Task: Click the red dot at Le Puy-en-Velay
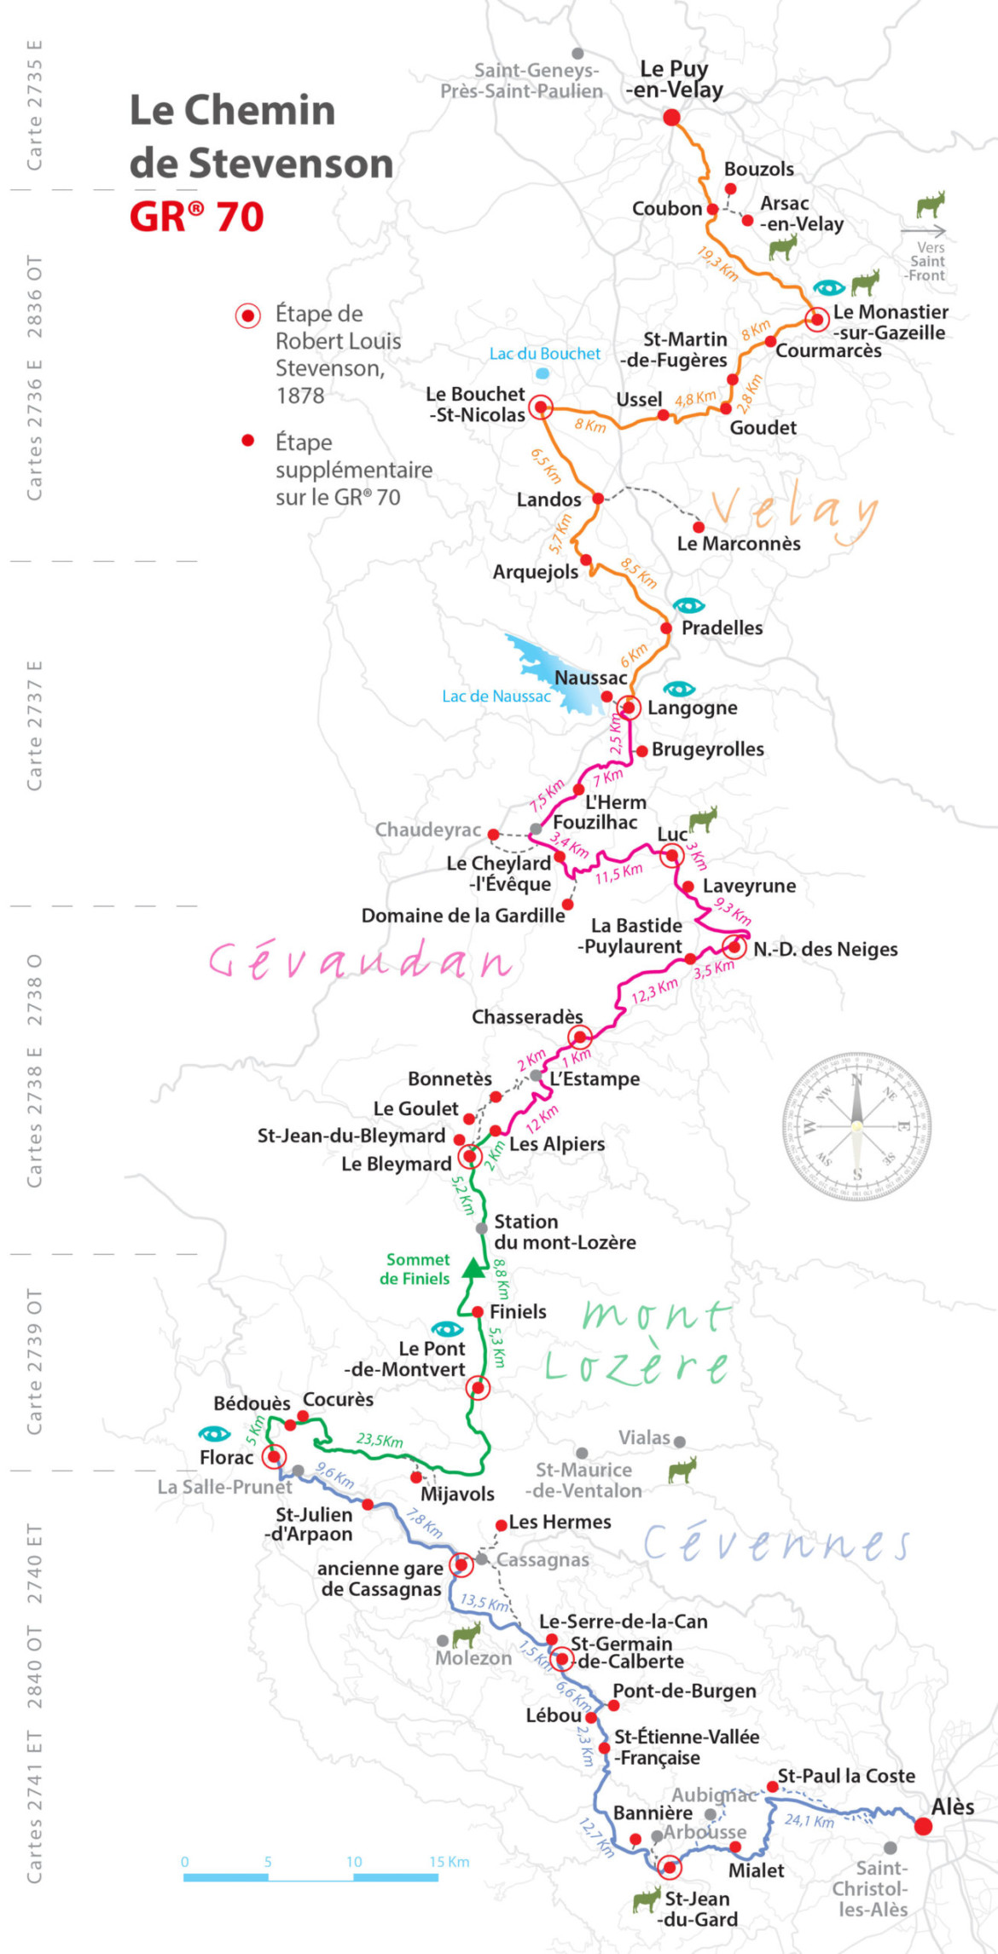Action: coord(671,118)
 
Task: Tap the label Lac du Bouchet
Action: coord(544,354)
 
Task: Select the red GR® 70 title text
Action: coord(197,217)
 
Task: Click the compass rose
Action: coord(856,1126)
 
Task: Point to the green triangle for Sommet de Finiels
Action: coord(472,1269)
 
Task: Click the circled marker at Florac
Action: coord(273,1456)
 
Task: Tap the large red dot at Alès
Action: coord(923,1826)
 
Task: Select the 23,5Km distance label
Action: coord(380,1440)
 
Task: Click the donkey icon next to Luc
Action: coord(703,819)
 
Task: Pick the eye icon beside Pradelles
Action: coord(688,605)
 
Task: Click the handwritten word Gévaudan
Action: coord(360,961)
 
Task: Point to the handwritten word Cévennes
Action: coord(776,1543)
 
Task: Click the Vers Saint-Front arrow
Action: coord(923,231)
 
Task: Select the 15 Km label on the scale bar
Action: coord(449,1861)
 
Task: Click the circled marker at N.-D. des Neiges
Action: coord(734,947)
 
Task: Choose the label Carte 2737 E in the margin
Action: coord(34,725)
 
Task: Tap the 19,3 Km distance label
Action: coord(717,264)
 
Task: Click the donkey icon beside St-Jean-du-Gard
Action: coord(647,1899)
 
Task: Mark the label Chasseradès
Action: coord(527,1017)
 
